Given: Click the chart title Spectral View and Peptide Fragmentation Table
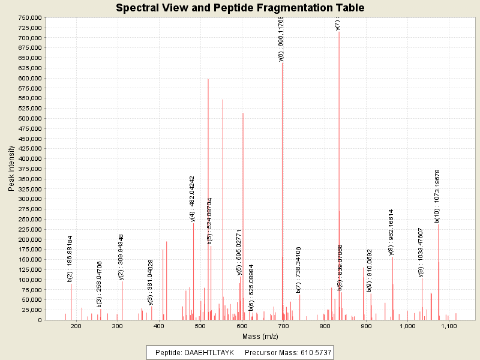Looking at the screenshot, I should tap(240, 8).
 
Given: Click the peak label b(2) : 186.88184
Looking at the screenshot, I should tap(70, 258).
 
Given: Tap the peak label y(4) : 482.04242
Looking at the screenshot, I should tap(192, 199).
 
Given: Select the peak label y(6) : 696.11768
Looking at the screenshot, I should tap(281, 38).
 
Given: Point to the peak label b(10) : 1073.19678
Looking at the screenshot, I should tap(437, 196).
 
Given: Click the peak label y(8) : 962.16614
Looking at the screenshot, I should tap(391, 232).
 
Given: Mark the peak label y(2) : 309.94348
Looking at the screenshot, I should tap(121, 256).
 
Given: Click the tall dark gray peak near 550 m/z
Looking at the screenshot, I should tap(223, 210).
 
